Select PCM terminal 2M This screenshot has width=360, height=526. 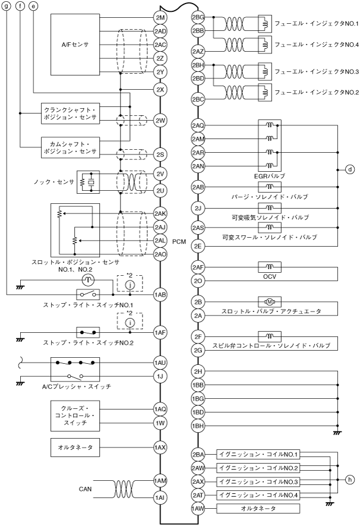click(160, 17)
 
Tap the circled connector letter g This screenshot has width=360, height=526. click(7, 6)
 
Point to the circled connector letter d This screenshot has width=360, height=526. click(349, 169)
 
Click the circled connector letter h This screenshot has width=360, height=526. click(349, 480)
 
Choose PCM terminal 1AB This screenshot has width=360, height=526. click(160, 294)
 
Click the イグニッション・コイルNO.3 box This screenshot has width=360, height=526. click(258, 481)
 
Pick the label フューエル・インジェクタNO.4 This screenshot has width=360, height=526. click(316, 44)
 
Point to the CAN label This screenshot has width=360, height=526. click(85, 489)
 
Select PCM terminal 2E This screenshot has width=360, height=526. click(197, 245)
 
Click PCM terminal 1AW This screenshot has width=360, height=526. click(197, 508)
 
